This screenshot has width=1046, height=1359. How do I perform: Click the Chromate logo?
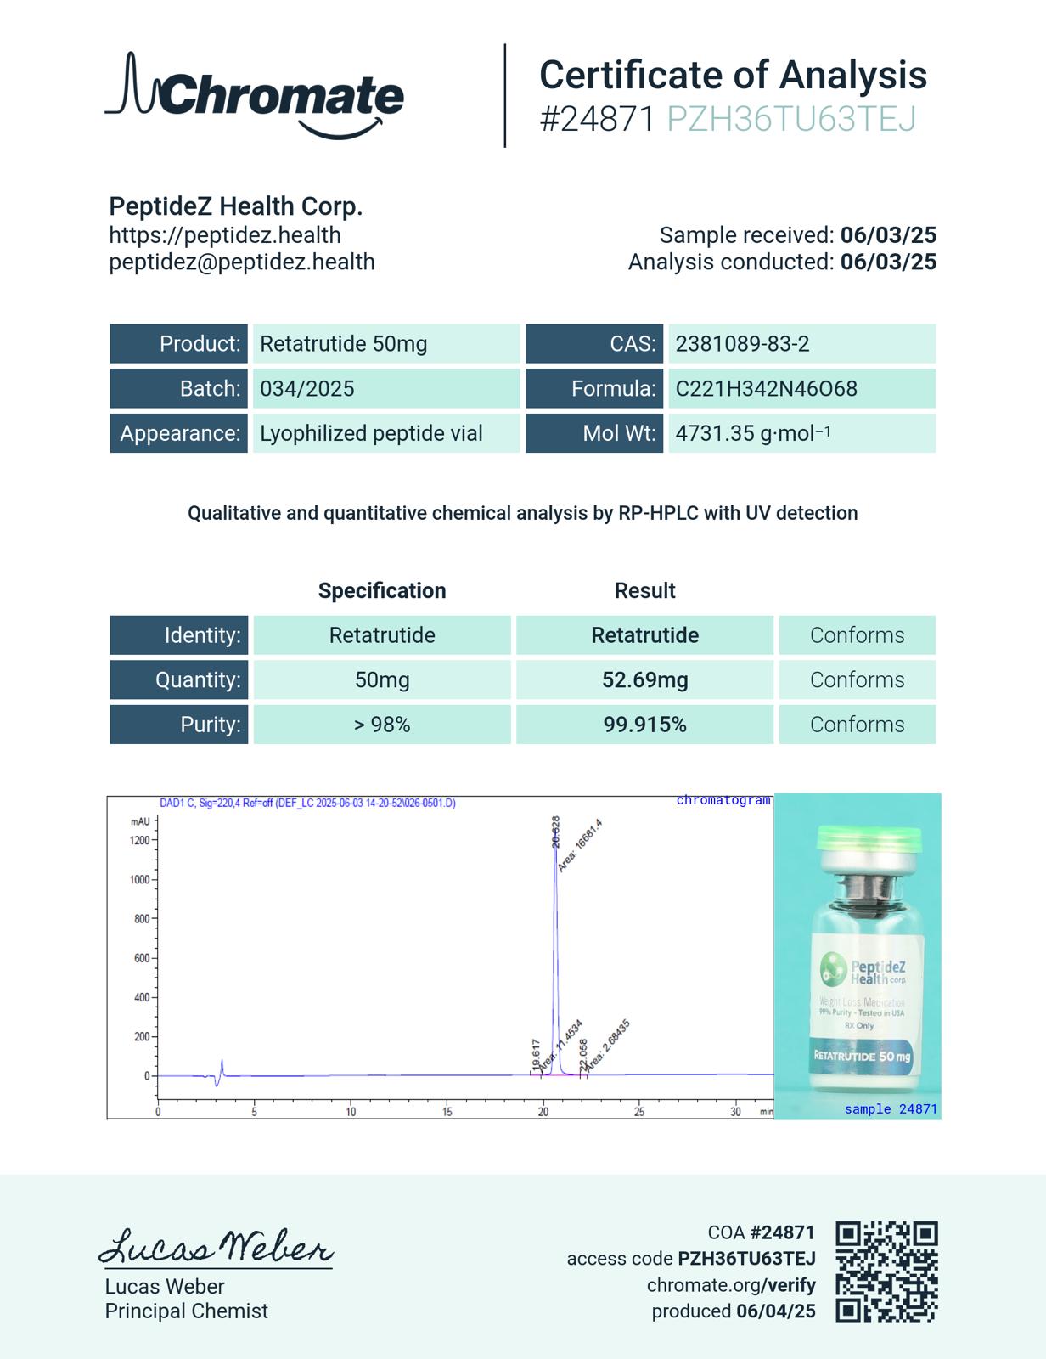click(x=255, y=95)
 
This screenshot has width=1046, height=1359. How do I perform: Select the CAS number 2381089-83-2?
click(x=742, y=344)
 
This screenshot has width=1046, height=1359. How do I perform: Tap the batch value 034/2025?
click(x=307, y=389)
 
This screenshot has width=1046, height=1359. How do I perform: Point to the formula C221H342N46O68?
click(x=766, y=389)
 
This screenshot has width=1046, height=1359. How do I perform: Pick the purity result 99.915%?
click(x=644, y=725)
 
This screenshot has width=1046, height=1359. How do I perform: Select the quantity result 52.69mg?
click(x=644, y=680)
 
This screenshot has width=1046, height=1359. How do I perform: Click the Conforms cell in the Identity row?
click(x=857, y=635)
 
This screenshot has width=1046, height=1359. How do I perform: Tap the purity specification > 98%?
click(x=382, y=725)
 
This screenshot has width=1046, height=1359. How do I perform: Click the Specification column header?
click(x=382, y=591)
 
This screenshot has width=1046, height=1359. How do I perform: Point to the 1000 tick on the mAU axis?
click(x=139, y=880)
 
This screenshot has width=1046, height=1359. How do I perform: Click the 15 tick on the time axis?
click(x=447, y=1112)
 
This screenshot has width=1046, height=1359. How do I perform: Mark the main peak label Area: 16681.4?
click(x=580, y=845)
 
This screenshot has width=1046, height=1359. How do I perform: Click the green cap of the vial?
click(x=869, y=841)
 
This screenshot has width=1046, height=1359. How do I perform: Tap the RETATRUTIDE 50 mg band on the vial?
click(x=862, y=1056)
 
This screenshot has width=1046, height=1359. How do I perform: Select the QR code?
click(x=886, y=1272)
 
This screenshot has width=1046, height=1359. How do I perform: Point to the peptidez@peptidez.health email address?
click(x=242, y=262)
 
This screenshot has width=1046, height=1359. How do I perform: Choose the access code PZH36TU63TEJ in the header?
click(x=791, y=120)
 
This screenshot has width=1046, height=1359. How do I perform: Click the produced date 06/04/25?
click(x=776, y=1311)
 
